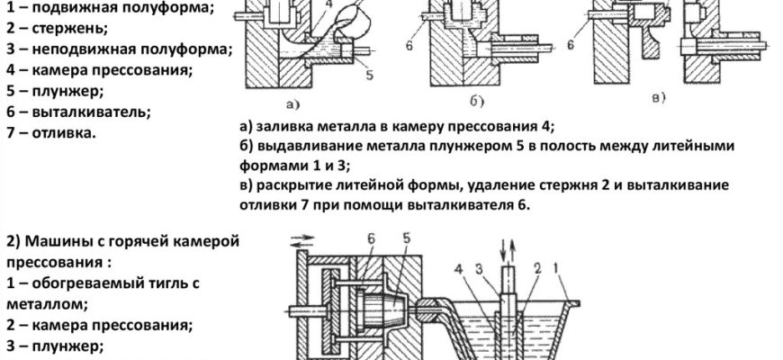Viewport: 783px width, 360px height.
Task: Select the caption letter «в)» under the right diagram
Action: [x=660, y=96]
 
